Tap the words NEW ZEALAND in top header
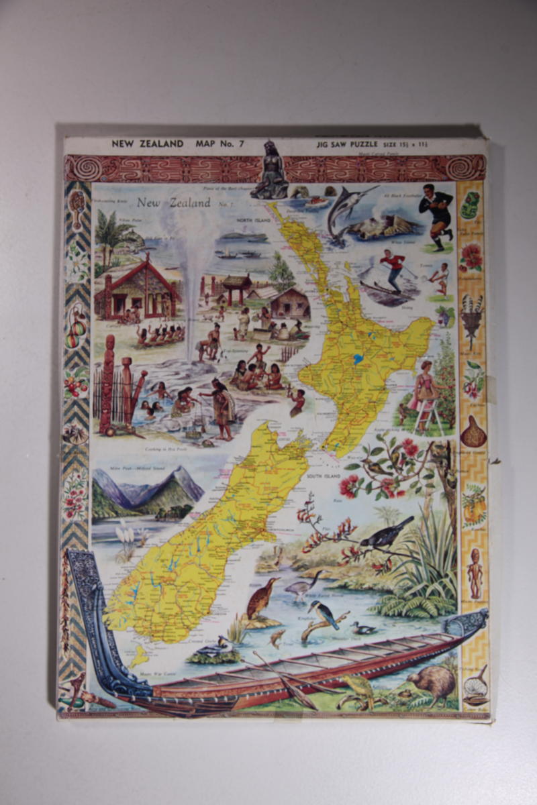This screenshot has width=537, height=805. [x=147, y=143]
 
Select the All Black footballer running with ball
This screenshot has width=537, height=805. [x=437, y=216]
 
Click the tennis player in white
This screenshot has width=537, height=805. [x=440, y=276]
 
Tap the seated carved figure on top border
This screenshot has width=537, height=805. [x=271, y=171]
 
